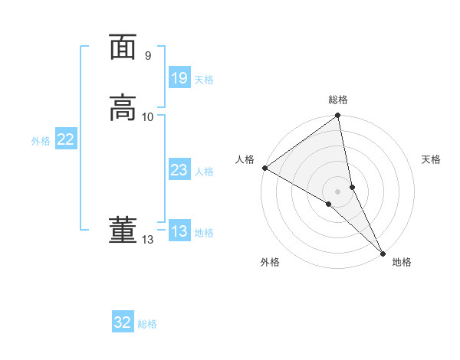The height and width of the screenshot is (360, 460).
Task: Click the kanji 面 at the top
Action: [x=123, y=48]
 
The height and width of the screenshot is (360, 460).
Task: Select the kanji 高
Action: [x=123, y=108]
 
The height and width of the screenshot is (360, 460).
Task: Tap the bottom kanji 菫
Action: [x=123, y=231]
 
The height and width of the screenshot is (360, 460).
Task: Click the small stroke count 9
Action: [x=148, y=56]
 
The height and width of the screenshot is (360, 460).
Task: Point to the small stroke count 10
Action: [x=148, y=116]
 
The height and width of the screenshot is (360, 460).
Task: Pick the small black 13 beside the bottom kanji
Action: [x=148, y=240]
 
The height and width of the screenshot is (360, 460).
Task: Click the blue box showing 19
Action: [x=179, y=78]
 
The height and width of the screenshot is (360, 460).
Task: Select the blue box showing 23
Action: [x=179, y=170]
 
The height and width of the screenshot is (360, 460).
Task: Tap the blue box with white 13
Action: [x=179, y=231]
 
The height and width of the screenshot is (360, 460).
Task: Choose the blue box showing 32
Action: [x=123, y=322]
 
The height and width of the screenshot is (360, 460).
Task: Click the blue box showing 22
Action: [x=66, y=139]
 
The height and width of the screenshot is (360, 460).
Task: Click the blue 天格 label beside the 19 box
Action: [x=204, y=80]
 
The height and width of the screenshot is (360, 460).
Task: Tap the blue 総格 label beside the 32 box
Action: [x=147, y=324]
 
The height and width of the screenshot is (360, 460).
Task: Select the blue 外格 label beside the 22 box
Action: [x=41, y=141]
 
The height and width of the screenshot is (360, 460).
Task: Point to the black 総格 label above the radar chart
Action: [x=338, y=100]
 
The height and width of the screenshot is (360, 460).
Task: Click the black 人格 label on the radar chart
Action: [x=245, y=159]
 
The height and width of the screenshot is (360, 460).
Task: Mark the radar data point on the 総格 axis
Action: [x=338, y=116]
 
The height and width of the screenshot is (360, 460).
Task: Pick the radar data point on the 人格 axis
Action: [x=264, y=168]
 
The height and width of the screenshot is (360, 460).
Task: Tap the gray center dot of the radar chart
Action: [x=338, y=190]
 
